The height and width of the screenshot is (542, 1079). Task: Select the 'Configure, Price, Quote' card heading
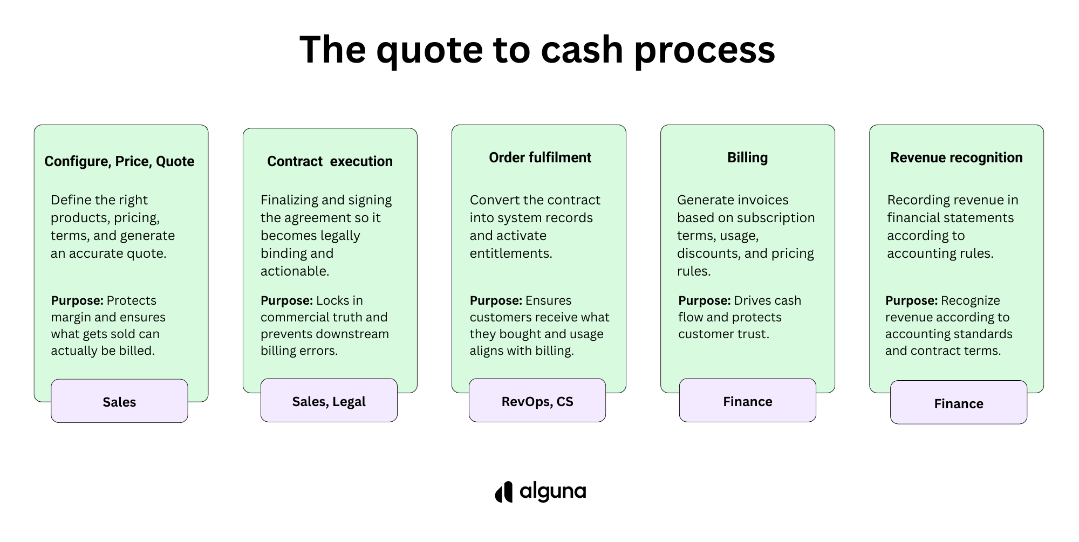tap(119, 161)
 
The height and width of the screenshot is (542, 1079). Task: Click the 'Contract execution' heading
tap(330, 161)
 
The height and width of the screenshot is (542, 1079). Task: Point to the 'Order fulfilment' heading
tap(540, 157)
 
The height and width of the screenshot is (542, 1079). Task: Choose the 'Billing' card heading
tap(747, 157)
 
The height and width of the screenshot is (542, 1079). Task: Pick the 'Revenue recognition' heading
tap(957, 157)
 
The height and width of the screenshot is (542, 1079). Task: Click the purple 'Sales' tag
tap(119, 401)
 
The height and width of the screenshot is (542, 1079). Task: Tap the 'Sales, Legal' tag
tap(329, 400)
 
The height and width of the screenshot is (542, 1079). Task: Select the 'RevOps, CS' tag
tap(537, 400)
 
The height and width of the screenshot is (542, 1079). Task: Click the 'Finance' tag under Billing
tap(748, 400)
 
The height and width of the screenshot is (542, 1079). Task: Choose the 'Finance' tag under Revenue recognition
tap(959, 402)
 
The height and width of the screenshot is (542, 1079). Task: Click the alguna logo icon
tap(503, 492)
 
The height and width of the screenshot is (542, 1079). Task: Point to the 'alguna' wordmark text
tap(553, 492)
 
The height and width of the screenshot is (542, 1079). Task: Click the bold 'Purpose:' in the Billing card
tap(705, 300)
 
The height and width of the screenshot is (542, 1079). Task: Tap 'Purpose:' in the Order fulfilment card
tap(496, 300)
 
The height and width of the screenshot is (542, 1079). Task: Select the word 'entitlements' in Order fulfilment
tap(510, 253)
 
